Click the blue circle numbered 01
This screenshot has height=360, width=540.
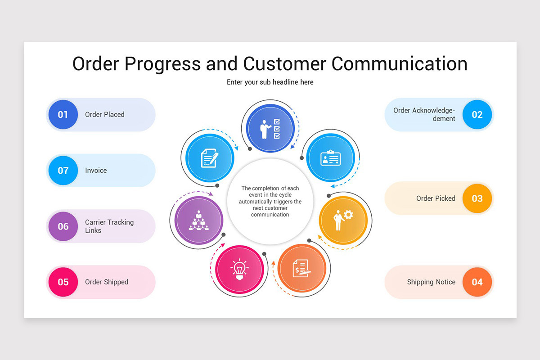[63, 115]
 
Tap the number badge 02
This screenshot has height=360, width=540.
[477, 115]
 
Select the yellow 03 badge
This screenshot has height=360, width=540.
[477, 198]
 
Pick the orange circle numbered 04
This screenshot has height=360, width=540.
[477, 282]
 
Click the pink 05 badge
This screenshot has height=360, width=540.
[63, 282]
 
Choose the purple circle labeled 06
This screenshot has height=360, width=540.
[63, 226]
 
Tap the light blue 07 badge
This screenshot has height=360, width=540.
[63, 171]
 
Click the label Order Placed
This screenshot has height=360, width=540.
[104, 115]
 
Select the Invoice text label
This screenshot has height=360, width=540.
[96, 171]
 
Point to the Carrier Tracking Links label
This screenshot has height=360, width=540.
[109, 226]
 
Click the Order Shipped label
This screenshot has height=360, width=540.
[107, 282]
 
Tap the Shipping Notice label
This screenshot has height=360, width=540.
[431, 282]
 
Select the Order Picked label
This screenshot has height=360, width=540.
[436, 198]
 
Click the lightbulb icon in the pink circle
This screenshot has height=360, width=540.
[239, 269]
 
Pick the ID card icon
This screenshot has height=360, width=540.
[330, 158]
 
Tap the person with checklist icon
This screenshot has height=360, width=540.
[270, 129]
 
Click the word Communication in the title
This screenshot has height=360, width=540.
[399, 63]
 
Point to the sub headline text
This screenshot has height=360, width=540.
[270, 82]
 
